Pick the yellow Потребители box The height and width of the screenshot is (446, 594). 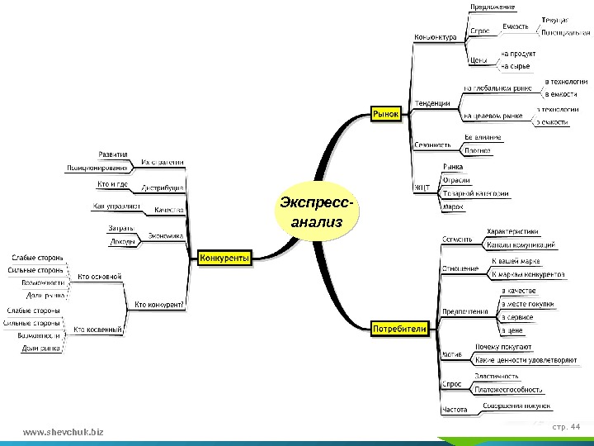pos(399,329)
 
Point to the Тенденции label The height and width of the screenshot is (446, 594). pos(431,103)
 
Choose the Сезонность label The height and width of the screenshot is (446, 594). pos(433,145)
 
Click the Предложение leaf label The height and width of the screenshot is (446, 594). pos(493,7)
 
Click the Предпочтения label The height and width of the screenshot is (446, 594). pos(463,311)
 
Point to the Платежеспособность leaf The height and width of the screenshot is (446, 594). pos(508,389)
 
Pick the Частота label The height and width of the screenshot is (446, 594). pos(455,409)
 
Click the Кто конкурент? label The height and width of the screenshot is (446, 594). pos(159,304)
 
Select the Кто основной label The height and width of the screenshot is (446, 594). pos(99,276)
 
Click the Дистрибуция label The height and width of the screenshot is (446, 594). pos(163,187)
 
